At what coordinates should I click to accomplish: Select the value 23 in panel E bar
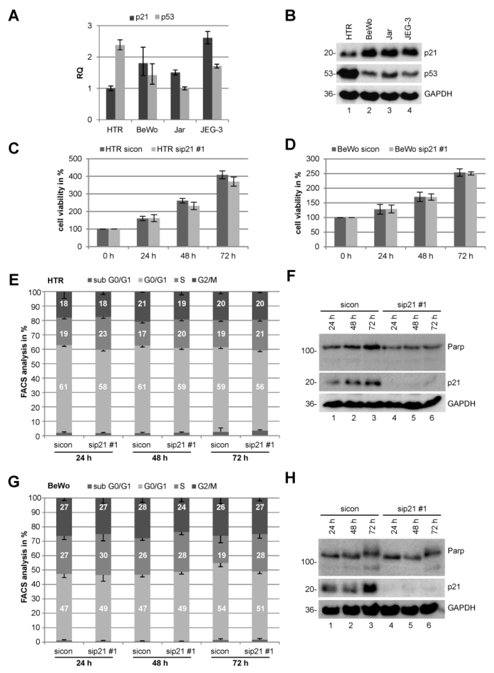103,334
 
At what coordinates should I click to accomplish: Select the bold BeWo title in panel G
59,486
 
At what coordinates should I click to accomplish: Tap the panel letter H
290,478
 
